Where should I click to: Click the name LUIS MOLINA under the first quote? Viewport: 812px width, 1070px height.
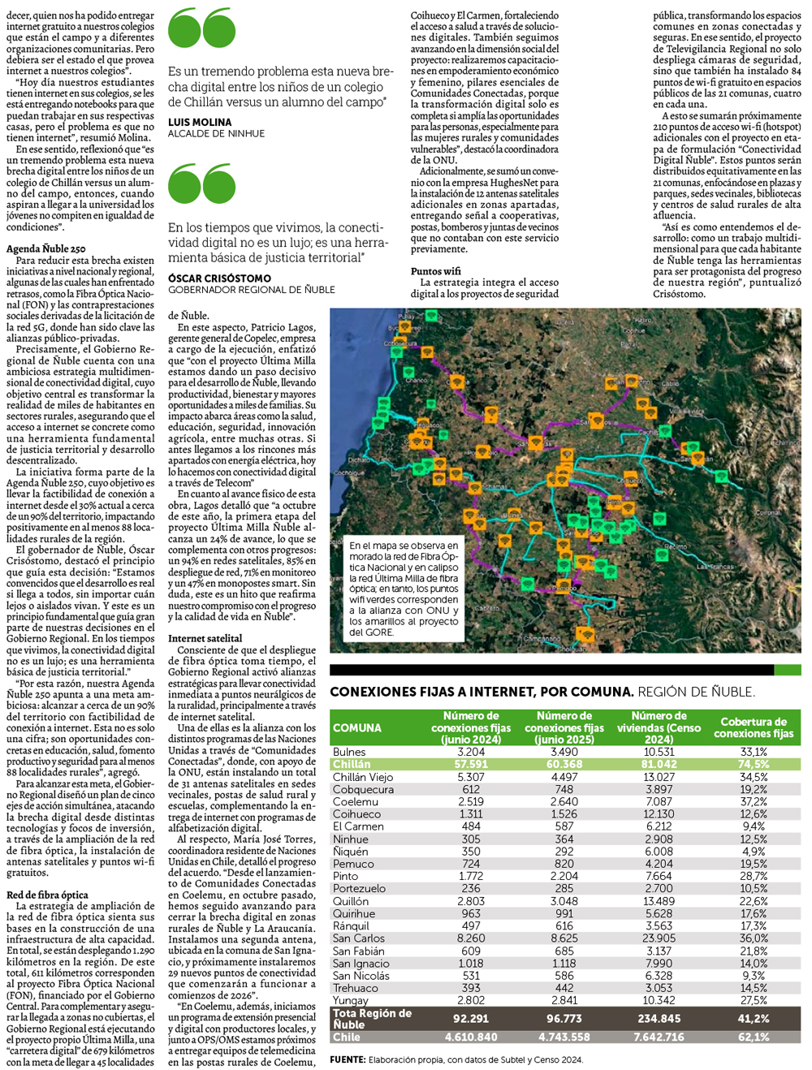coord(200,123)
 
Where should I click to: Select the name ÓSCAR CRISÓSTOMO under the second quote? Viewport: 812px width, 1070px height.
coord(219,278)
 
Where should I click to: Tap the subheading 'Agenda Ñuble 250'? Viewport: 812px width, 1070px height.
coord(46,248)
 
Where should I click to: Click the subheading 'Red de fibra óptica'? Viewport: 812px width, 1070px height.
coord(47,895)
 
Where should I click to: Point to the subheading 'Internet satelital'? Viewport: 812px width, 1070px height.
coord(205,638)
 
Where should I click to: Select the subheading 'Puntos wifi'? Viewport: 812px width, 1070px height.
coord(436,271)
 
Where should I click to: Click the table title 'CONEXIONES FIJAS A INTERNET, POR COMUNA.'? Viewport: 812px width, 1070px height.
coord(482,692)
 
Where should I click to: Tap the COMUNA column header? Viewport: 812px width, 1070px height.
coord(357,728)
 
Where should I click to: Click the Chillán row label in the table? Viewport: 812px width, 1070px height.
coord(352,764)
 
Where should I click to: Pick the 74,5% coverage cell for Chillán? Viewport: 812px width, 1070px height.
coord(754,764)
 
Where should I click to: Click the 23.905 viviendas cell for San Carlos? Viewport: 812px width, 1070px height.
coord(659,938)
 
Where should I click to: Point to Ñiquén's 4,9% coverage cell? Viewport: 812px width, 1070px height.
coord(754,852)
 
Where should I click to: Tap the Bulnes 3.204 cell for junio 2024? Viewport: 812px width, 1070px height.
coord(471,752)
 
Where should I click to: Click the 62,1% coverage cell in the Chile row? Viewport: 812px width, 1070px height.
coord(754,1037)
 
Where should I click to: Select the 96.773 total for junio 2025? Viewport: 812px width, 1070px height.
coord(564,1018)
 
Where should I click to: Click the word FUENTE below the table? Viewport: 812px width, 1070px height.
coord(347,1059)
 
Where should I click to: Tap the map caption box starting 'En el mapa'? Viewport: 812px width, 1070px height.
coord(404,589)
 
